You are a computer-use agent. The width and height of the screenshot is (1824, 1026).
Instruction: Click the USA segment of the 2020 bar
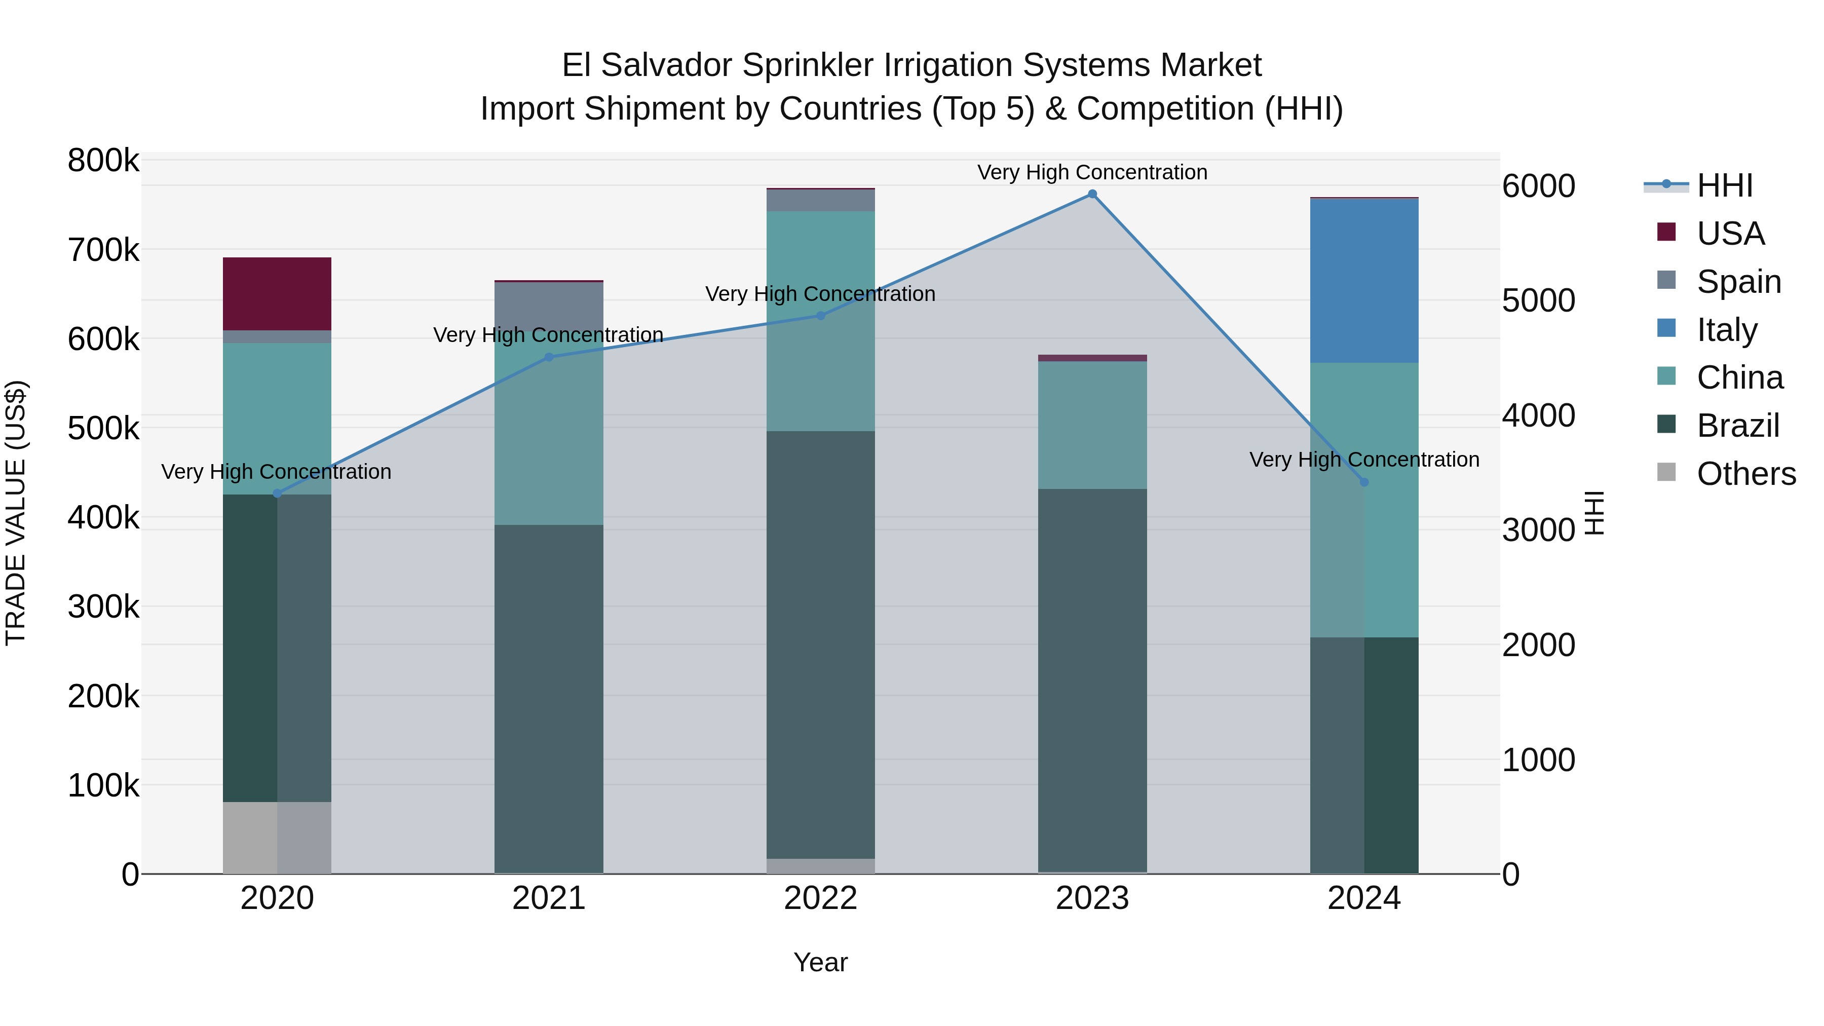(277, 293)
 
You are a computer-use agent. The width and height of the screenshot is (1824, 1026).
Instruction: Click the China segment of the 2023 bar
(1092, 425)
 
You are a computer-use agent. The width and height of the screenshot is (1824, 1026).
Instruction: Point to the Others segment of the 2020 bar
(277, 837)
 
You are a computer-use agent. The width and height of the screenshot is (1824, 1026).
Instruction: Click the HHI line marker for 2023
(1092, 194)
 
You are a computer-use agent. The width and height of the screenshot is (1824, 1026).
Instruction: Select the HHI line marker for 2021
(549, 357)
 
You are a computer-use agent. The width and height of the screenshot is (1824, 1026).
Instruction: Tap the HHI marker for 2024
(1364, 482)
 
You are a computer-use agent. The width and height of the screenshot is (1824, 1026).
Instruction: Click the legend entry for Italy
(1726, 330)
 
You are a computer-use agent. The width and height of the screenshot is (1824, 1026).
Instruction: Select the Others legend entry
(1745, 474)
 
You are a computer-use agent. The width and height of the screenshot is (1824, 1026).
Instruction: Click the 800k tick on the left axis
(103, 161)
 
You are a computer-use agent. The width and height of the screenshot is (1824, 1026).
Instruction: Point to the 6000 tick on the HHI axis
(1538, 186)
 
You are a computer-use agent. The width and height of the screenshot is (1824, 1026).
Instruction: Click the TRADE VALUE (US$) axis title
(16, 513)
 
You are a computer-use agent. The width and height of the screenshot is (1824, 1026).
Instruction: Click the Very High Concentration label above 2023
(1092, 172)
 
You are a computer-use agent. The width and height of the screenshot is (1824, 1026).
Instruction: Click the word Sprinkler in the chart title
(807, 65)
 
